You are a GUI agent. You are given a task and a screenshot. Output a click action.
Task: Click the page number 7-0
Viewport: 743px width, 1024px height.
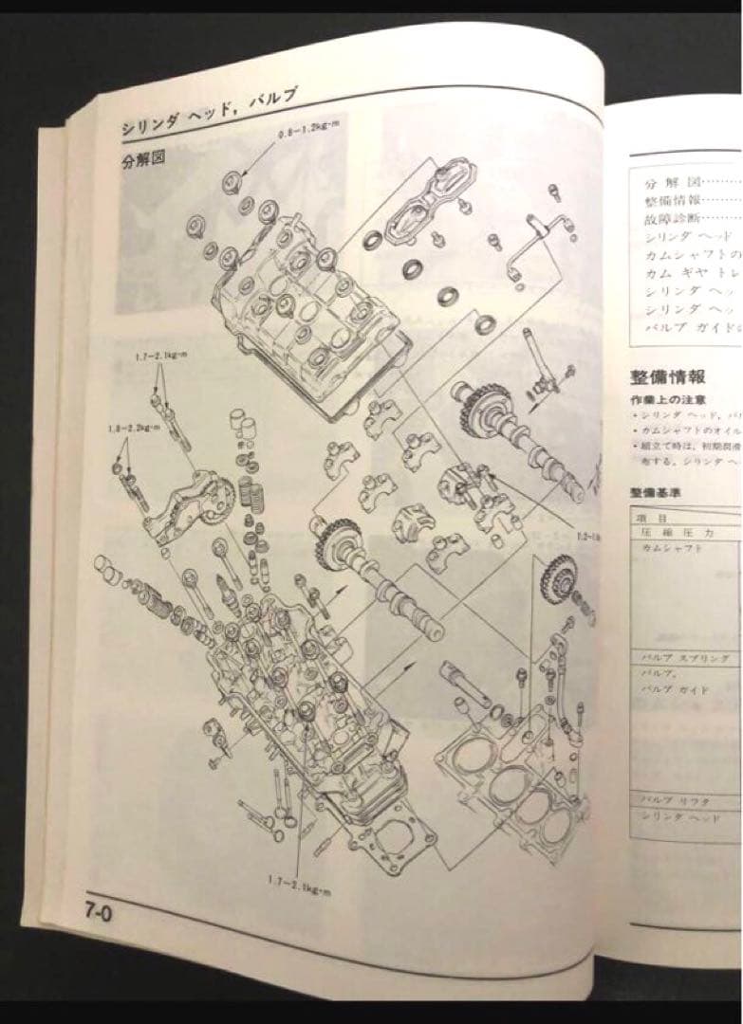[x=97, y=915]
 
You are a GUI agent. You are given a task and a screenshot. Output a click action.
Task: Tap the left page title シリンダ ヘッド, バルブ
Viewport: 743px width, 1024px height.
[x=210, y=112]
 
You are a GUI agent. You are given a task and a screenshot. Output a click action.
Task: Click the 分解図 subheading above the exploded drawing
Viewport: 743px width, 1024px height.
[x=143, y=160]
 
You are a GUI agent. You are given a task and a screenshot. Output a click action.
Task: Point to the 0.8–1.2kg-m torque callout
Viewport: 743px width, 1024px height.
[x=312, y=139]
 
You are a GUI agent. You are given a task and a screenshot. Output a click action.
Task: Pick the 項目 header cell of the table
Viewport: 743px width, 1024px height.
[x=656, y=519]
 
